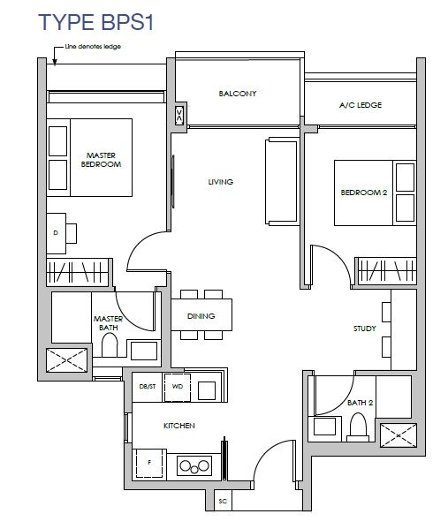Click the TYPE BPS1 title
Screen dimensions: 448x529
click(x=96, y=22)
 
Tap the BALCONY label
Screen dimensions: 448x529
click(x=238, y=94)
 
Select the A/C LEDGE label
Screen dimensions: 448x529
click(x=361, y=105)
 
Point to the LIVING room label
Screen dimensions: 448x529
click(x=220, y=182)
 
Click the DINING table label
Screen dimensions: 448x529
click(x=201, y=316)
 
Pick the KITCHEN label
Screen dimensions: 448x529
click(x=178, y=426)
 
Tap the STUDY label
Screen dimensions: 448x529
click(x=365, y=329)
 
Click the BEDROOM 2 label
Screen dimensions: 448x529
click(x=363, y=193)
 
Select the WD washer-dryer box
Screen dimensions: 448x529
click(x=178, y=387)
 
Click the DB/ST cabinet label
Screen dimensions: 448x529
click(x=148, y=387)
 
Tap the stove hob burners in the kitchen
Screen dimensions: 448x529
click(x=194, y=466)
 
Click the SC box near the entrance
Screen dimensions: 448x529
click(x=223, y=501)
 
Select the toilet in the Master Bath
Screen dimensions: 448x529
click(x=110, y=344)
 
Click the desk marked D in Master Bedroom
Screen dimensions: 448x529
click(x=56, y=233)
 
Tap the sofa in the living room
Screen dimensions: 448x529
click(x=282, y=181)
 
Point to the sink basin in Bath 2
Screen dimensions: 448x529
click(x=324, y=427)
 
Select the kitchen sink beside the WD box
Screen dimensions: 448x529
click(x=207, y=390)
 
